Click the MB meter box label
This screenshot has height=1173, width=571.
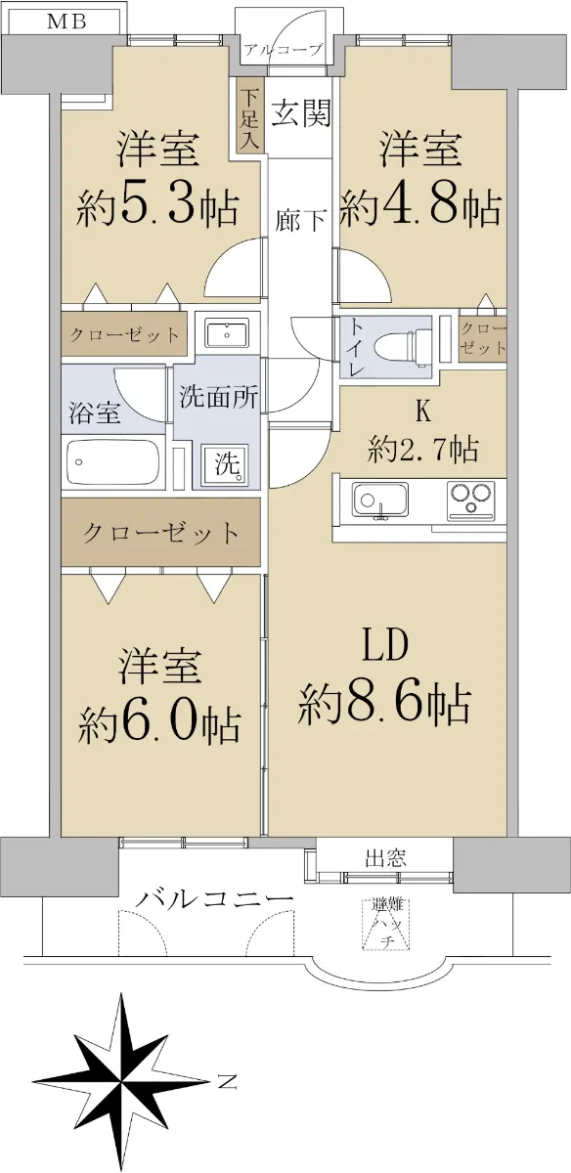tap(66, 22)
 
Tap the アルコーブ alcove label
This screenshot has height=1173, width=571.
tap(283, 50)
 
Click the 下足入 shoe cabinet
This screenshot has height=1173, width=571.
tap(250, 115)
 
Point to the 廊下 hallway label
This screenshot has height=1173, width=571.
tap(301, 220)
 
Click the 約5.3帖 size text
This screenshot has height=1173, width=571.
tap(157, 207)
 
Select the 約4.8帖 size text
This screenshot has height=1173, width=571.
tap(419, 207)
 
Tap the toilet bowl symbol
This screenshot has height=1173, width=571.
tap(404, 345)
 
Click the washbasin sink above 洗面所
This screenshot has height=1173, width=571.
tap(227, 332)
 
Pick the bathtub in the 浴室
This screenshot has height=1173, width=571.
tap(113, 462)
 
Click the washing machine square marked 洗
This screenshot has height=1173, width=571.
tap(226, 464)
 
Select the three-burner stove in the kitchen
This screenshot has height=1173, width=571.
tap(470, 500)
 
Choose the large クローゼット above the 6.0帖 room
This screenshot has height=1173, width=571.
tap(160, 532)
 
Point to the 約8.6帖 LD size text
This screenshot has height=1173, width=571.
tap(384, 706)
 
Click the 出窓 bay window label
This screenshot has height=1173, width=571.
tap(386, 858)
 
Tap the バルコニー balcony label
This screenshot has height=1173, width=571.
tap(214, 900)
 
